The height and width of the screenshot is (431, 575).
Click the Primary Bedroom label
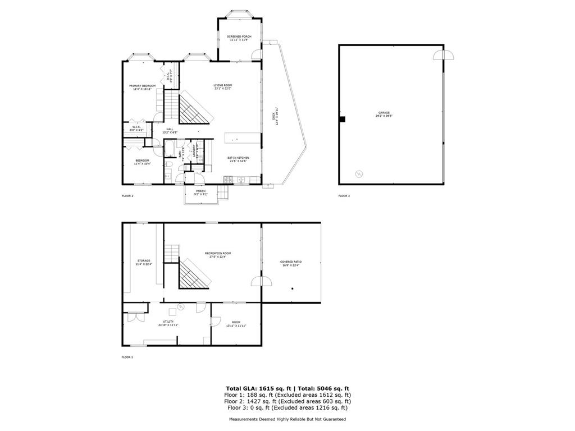tap(142, 87)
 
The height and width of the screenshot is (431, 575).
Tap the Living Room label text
tap(222, 87)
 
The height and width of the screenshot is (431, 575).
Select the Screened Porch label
tap(239, 38)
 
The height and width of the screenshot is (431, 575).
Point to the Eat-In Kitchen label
tap(238, 159)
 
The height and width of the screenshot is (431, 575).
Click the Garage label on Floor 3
tap(384, 114)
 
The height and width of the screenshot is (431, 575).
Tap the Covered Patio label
tap(291, 263)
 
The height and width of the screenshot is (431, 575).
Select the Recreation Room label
tap(220, 255)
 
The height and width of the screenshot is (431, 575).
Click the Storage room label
tap(144, 262)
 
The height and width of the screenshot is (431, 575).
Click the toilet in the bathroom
tap(168, 164)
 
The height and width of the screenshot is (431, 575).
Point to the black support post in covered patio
tap(293, 289)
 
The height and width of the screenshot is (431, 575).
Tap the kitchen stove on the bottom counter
tap(227, 180)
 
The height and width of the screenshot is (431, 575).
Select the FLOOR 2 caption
tap(127, 196)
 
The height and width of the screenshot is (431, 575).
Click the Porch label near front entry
tap(200, 192)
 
